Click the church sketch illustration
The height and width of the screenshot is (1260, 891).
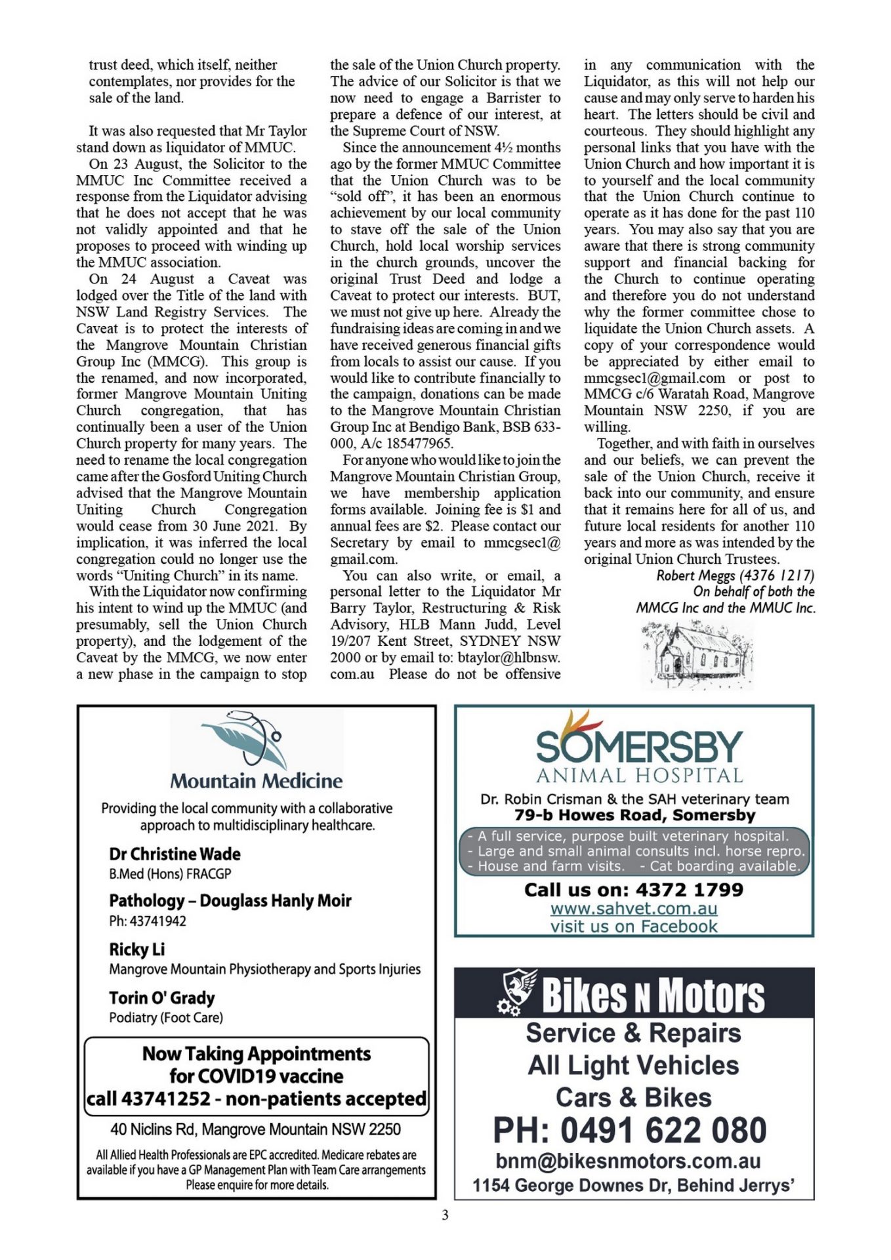pyautogui.click(x=697, y=655)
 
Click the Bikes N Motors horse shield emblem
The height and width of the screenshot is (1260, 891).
pyautogui.click(x=518, y=992)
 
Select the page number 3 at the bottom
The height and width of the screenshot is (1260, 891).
pyautogui.click(x=445, y=1215)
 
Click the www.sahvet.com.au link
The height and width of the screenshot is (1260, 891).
pyautogui.click(x=634, y=908)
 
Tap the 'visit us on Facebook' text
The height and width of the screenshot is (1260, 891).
pyautogui.click(x=634, y=926)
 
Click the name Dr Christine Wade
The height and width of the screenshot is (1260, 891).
pyautogui.click(x=175, y=854)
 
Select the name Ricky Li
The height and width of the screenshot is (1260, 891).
pyautogui.click(x=136, y=950)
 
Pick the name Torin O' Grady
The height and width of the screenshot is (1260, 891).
pyautogui.click(x=162, y=997)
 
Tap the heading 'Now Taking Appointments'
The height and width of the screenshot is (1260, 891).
pyautogui.click(x=257, y=1053)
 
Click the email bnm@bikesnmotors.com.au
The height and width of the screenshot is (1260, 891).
pyautogui.click(x=628, y=1161)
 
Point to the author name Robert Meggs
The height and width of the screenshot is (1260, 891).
pyautogui.click(x=697, y=576)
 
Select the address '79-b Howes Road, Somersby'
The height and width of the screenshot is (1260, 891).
pyautogui.click(x=634, y=815)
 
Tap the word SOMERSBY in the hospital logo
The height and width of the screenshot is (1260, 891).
pyautogui.click(x=639, y=747)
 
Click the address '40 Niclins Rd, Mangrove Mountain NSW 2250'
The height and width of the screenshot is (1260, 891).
pyautogui.click(x=255, y=1129)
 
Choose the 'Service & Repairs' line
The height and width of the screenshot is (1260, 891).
pyautogui.click(x=633, y=1033)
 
